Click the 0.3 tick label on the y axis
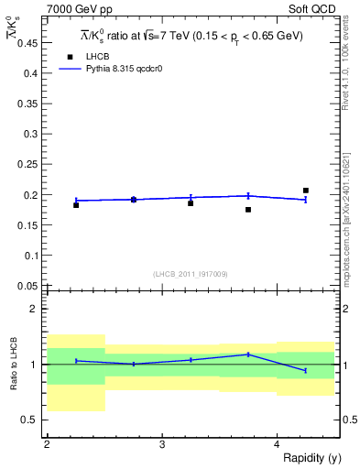point(29,135)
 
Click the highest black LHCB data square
point(306,191)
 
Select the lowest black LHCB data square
point(248,210)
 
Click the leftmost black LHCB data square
point(76,205)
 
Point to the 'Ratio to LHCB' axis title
point(12,365)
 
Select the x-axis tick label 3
point(162,443)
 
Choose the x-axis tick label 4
point(277,443)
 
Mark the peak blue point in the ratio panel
point(248,354)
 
